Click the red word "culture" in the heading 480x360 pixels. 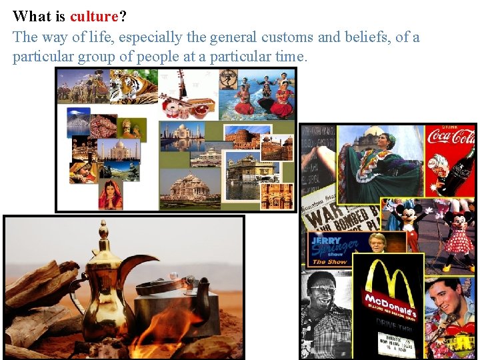pyautogui.click(x=94, y=16)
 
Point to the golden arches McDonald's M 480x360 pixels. pyautogui.click(x=386, y=276)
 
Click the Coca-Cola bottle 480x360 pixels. pyautogui.click(x=461, y=173)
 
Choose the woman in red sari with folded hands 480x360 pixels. pyautogui.click(x=111, y=193)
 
